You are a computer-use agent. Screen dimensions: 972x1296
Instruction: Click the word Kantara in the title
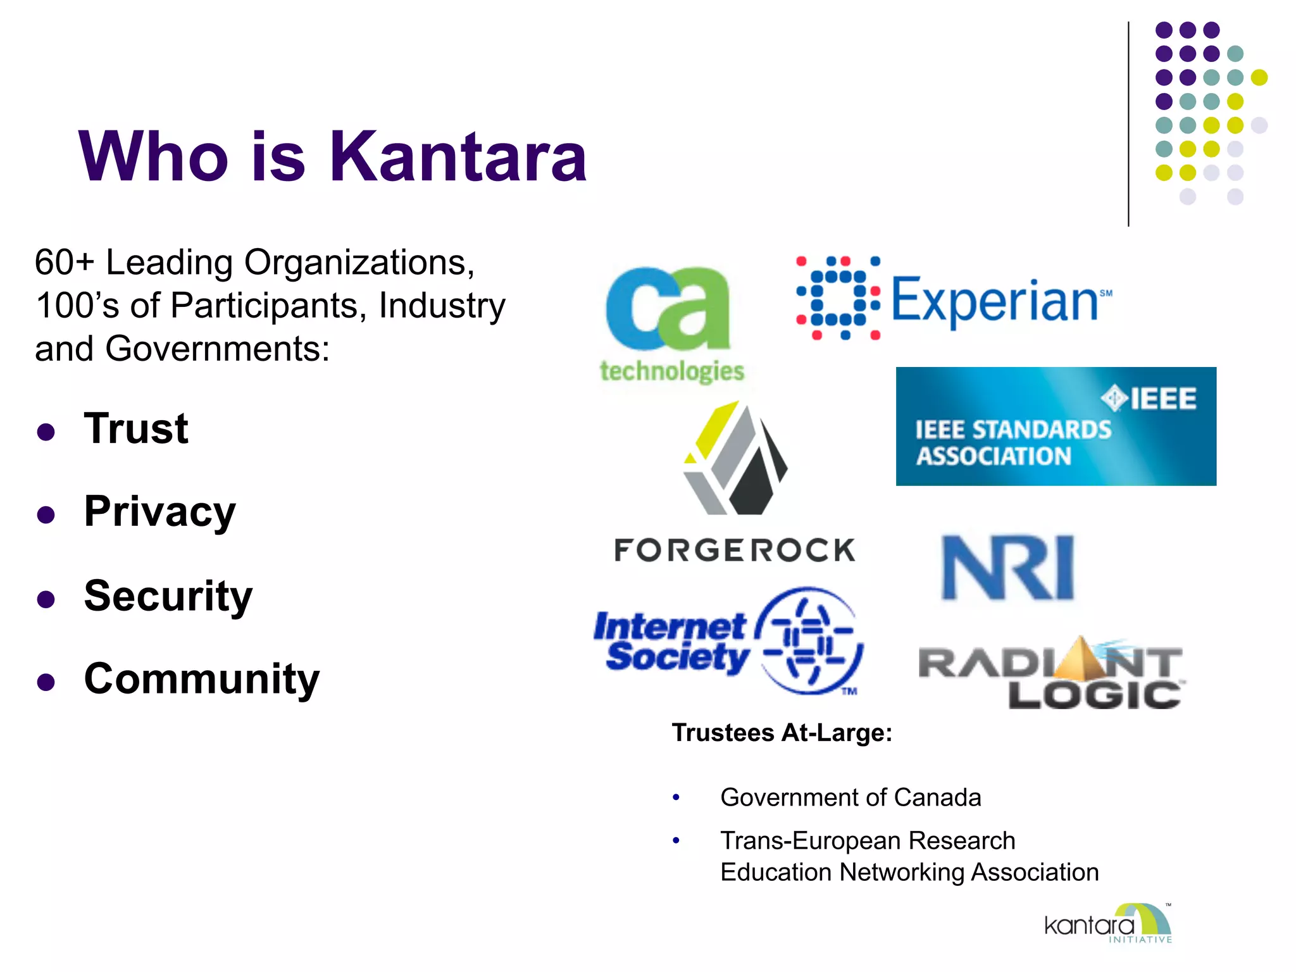(x=458, y=156)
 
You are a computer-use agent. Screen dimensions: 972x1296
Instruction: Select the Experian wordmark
(x=995, y=301)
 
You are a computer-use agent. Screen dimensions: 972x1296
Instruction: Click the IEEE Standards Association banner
(x=1056, y=427)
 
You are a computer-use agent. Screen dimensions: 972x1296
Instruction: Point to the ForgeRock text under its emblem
(x=735, y=550)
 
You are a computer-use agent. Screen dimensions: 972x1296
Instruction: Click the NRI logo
(x=1008, y=568)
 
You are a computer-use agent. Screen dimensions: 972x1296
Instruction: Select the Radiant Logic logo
(x=1051, y=675)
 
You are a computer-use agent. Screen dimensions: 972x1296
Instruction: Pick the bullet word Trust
(x=136, y=428)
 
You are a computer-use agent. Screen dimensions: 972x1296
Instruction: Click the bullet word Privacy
(x=159, y=511)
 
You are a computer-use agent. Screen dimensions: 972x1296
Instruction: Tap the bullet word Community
(x=202, y=678)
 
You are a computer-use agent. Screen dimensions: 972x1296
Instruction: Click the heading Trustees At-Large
(x=782, y=732)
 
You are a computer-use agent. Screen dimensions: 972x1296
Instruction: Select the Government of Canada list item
(x=850, y=797)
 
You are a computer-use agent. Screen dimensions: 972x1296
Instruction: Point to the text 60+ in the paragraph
(x=64, y=262)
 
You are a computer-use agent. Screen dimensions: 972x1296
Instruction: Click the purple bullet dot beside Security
(x=46, y=599)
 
